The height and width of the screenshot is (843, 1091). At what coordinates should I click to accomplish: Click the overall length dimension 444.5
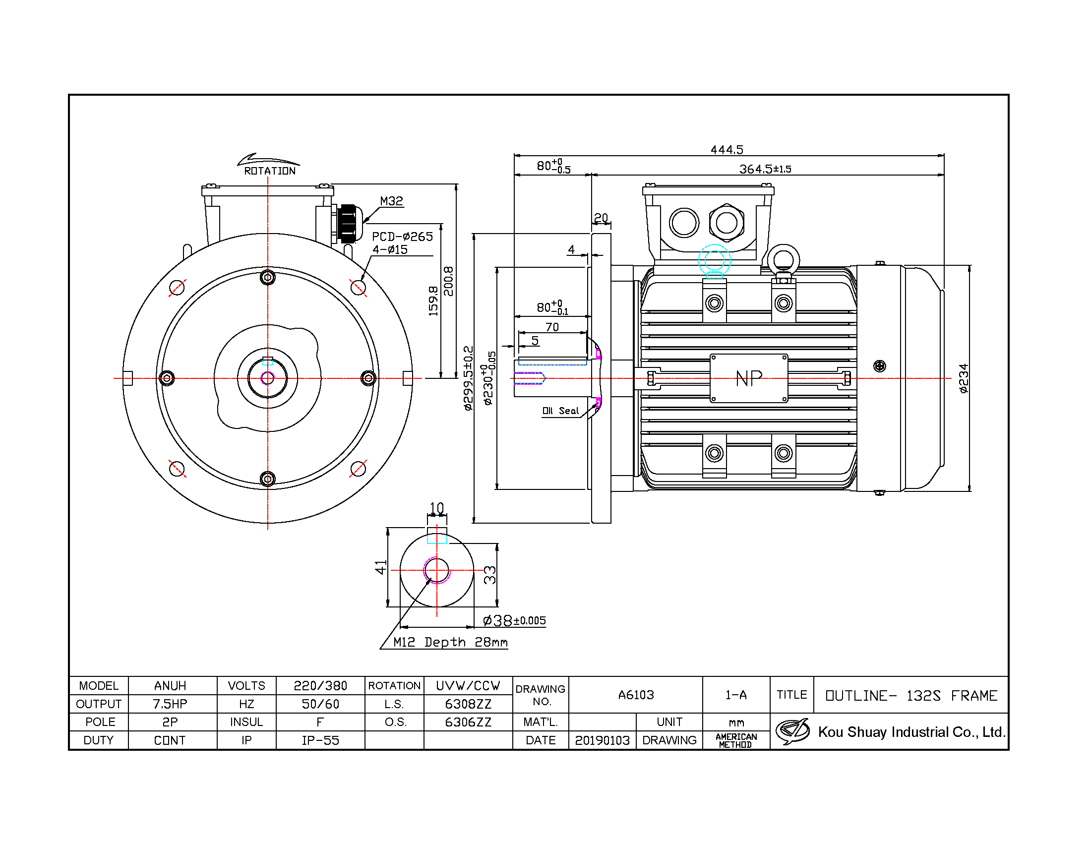tap(727, 149)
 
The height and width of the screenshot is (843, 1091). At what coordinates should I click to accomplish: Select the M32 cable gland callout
tap(391, 201)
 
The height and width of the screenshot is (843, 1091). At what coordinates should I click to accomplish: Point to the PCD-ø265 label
tap(402, 236)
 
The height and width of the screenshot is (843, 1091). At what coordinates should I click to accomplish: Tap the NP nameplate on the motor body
tap(749, 378)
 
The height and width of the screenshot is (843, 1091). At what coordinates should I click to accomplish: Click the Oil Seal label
tap(560, 411)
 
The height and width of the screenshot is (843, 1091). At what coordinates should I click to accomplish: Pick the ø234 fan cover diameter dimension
tap(964, 378)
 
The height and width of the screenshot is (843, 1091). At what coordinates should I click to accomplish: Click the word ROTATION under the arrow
tap(270, 171)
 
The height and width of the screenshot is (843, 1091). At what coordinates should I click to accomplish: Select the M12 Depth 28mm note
tap(450, 642)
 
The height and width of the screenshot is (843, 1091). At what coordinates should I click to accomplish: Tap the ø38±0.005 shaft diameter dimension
tap(514, 620)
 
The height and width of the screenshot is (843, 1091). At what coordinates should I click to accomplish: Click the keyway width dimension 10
tap(436, 508)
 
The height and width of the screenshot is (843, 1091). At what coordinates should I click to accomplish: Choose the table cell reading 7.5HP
tap(170, 704)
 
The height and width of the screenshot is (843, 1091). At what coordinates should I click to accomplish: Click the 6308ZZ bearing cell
tap(468, 704)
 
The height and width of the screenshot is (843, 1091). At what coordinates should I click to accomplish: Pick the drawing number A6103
tap(635, 695)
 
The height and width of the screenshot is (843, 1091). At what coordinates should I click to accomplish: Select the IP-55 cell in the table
tap(320, 740)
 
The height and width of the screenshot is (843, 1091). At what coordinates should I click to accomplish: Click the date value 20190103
tap(602, 740)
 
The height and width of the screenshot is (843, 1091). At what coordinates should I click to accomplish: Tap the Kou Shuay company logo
tap(793, 731)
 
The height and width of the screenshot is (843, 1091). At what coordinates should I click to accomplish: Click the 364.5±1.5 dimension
tap(765, 169)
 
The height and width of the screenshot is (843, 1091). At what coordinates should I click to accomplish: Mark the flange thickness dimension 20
tap(601, 218)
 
